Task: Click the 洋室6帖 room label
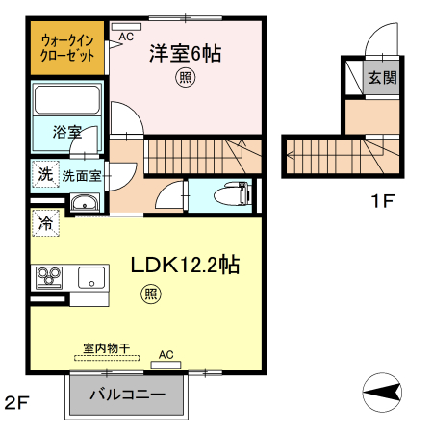185,55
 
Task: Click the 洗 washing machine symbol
45,174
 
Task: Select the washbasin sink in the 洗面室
85,203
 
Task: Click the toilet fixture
232,194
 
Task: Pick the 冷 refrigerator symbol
45,223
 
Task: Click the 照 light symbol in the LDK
150,293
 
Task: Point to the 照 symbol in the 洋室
183,80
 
